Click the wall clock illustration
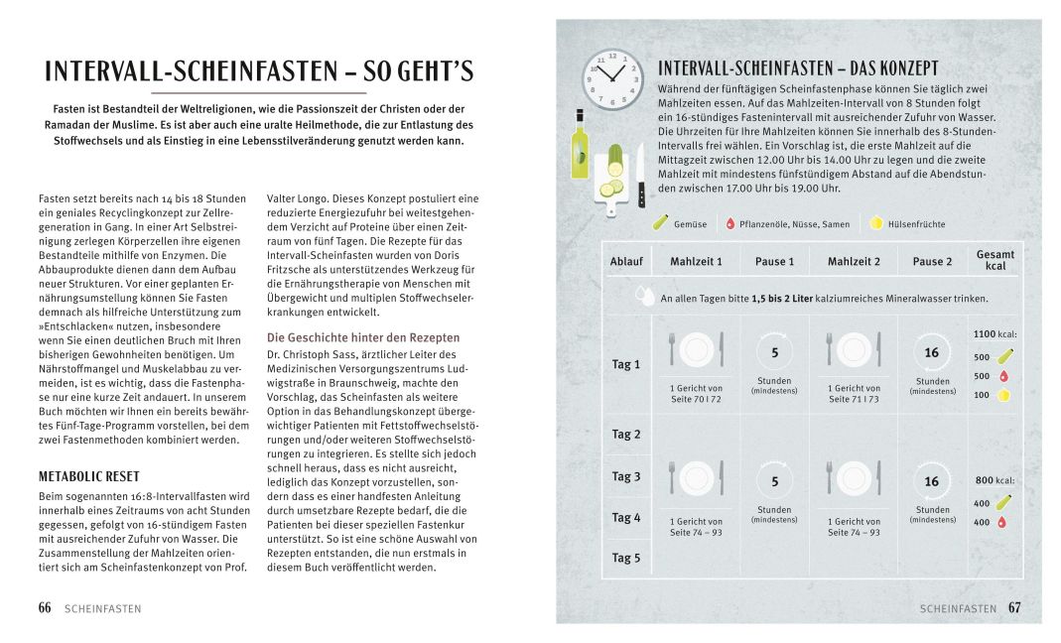612,78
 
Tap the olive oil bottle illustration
580,147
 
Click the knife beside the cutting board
640,176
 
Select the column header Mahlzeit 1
696,262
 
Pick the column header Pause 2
931,262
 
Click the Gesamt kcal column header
995,260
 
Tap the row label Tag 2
626,435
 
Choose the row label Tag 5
626,558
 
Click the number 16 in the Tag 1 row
931,353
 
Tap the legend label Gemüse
690,224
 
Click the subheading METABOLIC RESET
88,476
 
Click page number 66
45,608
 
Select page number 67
1014,608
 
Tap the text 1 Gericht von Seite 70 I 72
696,393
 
